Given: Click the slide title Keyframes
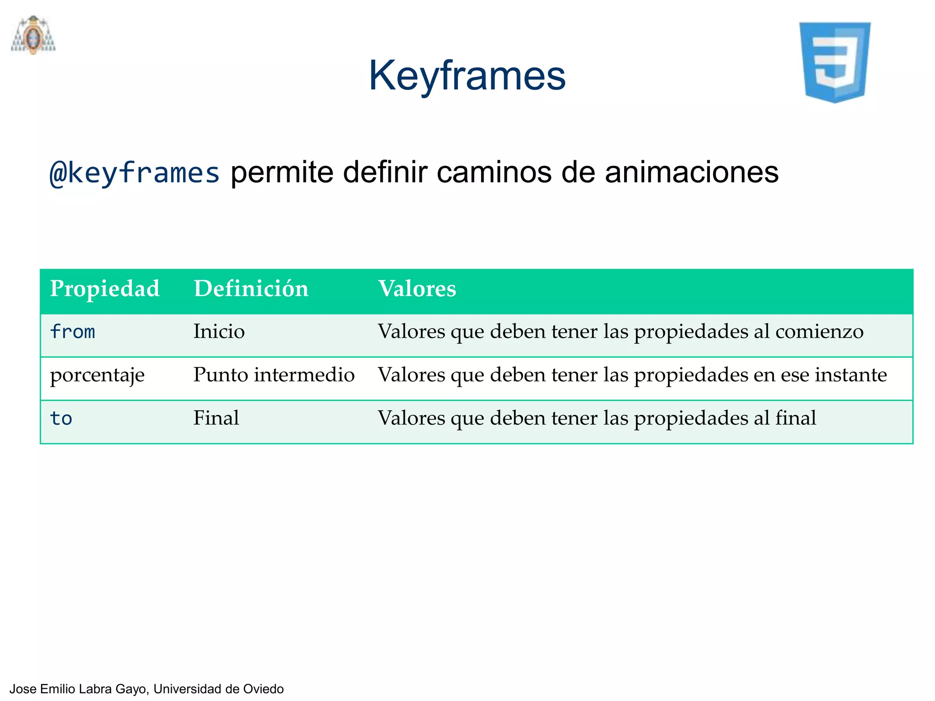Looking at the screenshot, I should click(x=467, y=76).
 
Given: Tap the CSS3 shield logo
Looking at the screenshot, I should click(x=835, y=62).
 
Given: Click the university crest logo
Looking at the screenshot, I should click(x=33, y=35).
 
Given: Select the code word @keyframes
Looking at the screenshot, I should click(x=135, y=173).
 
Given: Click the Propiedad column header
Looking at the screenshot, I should click(x=105, y=289).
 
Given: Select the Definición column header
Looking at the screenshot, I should click(x=251, y=289).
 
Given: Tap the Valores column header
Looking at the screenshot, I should click(x=417, y=289).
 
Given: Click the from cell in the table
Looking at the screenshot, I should click(x=73, y=332).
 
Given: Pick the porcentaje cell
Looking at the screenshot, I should click(x=97, y=375).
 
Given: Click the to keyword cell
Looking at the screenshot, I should click(x=61, y=418).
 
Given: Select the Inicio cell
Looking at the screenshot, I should click(x=219, y=332).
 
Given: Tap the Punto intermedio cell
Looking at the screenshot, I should click(x=274, y=375).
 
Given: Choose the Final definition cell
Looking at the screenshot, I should click(x=216, y=418).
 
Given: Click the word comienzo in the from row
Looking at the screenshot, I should click(x=819, y=332).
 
